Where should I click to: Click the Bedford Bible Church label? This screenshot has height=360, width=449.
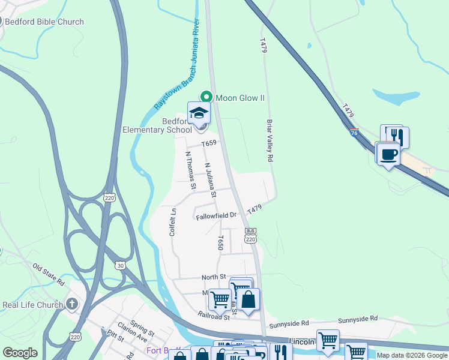click(x=44, y=22)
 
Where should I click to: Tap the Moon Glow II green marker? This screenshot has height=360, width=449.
click(x=206, y=97)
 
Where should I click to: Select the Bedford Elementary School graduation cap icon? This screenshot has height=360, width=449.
click(x=199, y=113)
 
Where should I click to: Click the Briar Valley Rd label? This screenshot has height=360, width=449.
click(x=270, y=139)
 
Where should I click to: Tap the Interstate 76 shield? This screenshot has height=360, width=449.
click(x=355, y=133)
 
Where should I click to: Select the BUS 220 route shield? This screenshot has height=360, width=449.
click(x=251, y=235)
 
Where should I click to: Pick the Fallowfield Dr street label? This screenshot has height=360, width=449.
click(x=217, y=216)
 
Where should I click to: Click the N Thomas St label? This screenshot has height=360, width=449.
click(x=190, y=170)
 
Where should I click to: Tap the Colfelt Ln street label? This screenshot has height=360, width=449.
click(x=173, y=221)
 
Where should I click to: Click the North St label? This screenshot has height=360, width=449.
click(x=213, y=277)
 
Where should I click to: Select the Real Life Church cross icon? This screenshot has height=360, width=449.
click(x=73, y=304)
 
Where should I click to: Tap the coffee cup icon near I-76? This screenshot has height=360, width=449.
click(x=388, y=154)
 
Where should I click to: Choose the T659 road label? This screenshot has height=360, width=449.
click(x=208, y=143)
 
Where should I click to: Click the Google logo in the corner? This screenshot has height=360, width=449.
click(x=20, y=353)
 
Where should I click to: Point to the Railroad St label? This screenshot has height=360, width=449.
click(x=214, y=314)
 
